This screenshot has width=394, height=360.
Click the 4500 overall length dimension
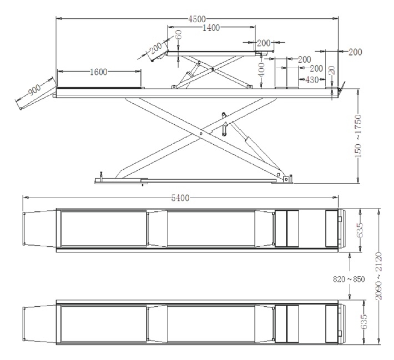pyautogui.click(x=197, y=19)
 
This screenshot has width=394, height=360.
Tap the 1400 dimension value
pyautogui.click(x=211, y=27)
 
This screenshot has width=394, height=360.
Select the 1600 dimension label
pyautogui.click(x=99, y=72)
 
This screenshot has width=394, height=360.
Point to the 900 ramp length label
pyautogui.click(x=34, y=90)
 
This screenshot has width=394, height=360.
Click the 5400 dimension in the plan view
pyautogui.click(x=180, y=198)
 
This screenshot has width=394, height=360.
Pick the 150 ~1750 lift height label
pyautogui.click(x=358, y=136)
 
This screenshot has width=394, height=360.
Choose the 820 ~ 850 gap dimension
pyautogui.click(x=348, y=279)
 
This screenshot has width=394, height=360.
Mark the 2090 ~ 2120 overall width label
pyautogui.click(x=379, y=276)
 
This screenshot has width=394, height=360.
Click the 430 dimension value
pyautogui.click(x=312, y=80)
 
